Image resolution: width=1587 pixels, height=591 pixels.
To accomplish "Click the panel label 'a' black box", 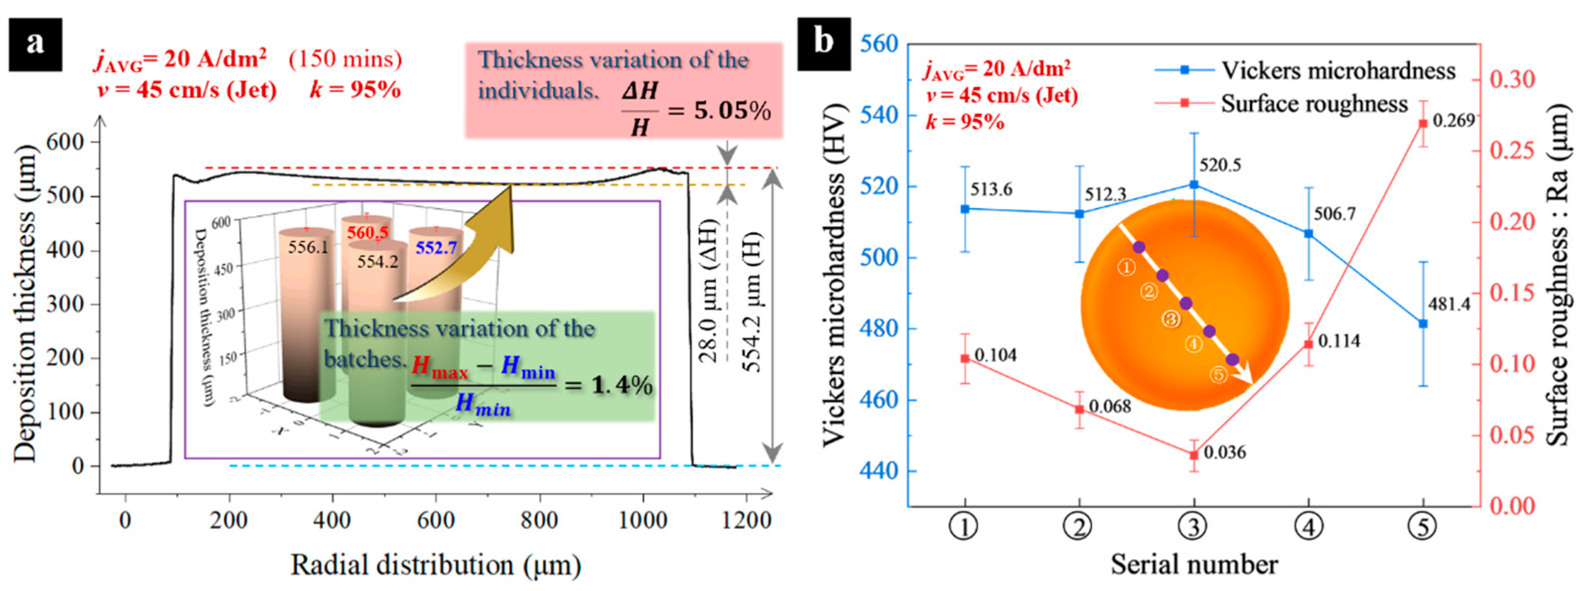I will tap(35, 44).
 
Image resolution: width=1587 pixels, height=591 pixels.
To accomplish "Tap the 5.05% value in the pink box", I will tap(732, 112).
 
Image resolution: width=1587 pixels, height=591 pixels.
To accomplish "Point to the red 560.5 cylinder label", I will tap(367, 233).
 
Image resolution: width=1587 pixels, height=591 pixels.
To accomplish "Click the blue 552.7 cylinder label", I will tap(436, 247).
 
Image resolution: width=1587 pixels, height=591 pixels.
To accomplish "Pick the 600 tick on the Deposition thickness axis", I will tap(69, 142).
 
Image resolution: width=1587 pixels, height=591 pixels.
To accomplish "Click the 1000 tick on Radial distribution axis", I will tap(643, 521).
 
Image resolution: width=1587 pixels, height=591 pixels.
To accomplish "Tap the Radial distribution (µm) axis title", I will tap(436, 565).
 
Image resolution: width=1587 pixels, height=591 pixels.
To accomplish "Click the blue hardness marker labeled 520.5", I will tap(1194, 184).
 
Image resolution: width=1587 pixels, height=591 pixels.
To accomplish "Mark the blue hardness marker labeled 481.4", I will tap(1423, 324).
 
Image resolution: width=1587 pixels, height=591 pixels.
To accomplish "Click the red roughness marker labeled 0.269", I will tap(1423, 124).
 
